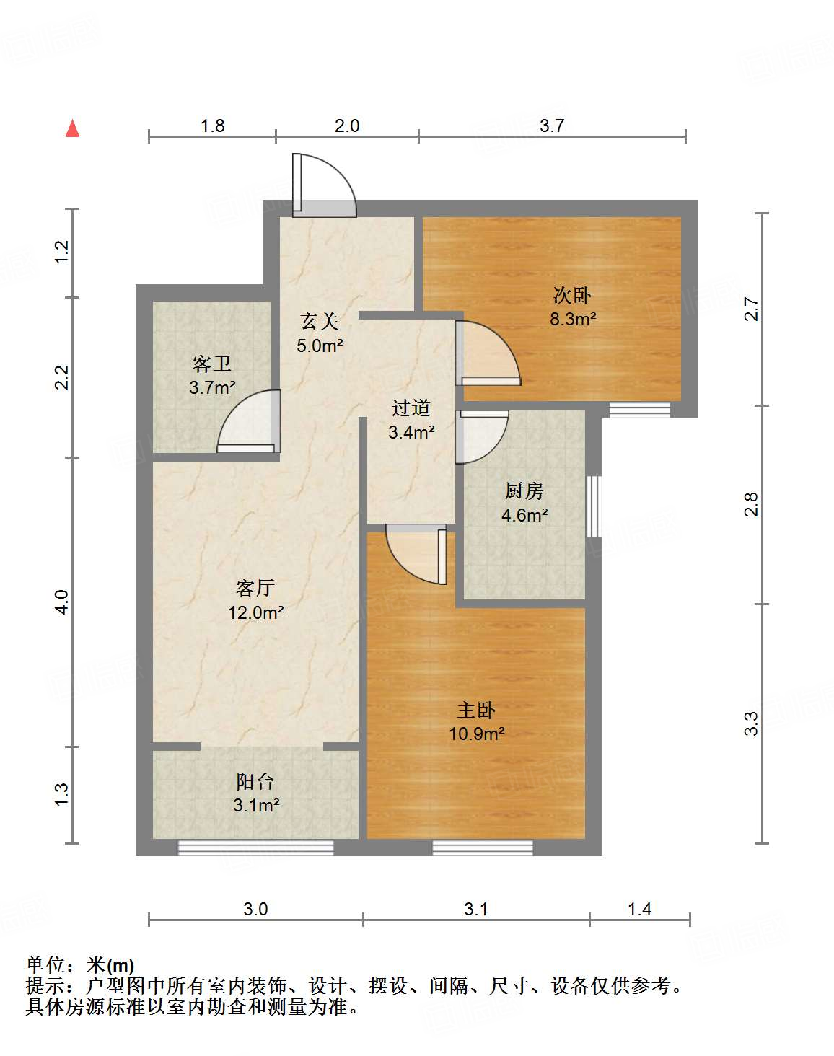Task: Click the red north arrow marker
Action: click(x=73, y=128)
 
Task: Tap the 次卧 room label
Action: click(x=572, y=296)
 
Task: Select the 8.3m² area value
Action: click(x=573, y=320)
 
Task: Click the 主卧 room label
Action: click(x=476, y=710)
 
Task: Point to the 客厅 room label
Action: click(x=255, y=588)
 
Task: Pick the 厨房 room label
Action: click(x=524, y=490)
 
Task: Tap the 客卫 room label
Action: click(x=212, y=364)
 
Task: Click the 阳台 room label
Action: click(x=255, y=782)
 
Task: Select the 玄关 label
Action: click(x=320, y=322)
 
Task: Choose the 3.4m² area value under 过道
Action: click(x=411, y=432)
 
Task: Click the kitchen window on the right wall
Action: click(x=594, y=506)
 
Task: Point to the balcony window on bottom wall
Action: click(x=255, y=848)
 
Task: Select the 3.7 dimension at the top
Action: click(x=552, y=126)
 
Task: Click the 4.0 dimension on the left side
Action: click(x=62, y=602)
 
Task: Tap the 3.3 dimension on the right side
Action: click(x=751, y=723)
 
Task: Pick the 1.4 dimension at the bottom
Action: click(x=640, y=910)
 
